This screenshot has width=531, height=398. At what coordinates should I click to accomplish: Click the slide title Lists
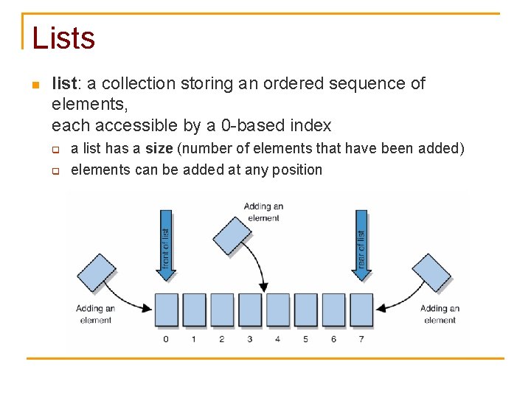pyautogui.click(x=63, y=38)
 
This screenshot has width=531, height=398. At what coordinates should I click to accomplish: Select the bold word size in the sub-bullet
pyautogui.click(x=158, y=149)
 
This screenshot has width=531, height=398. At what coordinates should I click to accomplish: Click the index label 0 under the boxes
pyautogui.click(x=166, y=339)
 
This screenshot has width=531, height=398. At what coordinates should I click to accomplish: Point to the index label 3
pyautogui.click(x=249, y=339)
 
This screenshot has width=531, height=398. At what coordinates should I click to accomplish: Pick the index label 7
pyautogui.click(x=361, y=339)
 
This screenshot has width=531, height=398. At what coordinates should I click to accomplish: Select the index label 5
pyautogui.click(x=305, y=339)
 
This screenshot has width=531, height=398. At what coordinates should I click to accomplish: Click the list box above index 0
pyautogui.click(x=166, y=310)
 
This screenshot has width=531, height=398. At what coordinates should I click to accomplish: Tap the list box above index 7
pyautogui.click(x=361, y=310)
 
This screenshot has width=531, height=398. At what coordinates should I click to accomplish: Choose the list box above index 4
pyautogui.click(x=277, y=310)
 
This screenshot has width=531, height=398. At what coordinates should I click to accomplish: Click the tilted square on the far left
pyautogui.click(x=96, y=273)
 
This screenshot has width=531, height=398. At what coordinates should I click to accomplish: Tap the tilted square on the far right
pyautogui.click(x=431, y=273)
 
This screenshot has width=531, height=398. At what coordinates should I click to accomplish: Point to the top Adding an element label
pyautogui.click(x=263, y=212)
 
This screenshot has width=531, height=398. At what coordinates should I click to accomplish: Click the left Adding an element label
pyautogui.click(x=95, y=314)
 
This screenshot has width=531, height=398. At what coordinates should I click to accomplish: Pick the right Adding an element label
pyautogui.click(x=440, y=314)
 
